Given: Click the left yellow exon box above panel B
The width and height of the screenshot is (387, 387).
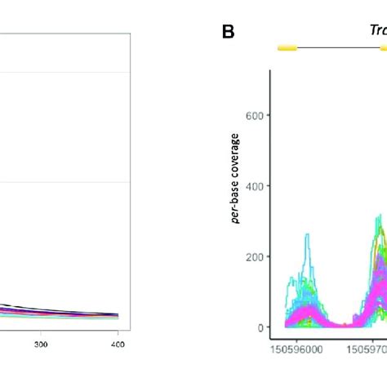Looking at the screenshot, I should coord(287,49).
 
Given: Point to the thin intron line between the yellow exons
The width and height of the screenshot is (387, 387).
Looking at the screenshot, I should coord(335,49).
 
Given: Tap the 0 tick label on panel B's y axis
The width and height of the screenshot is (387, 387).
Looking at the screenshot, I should coord(261,327).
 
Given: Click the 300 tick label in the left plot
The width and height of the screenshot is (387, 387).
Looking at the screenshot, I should coord(41,345).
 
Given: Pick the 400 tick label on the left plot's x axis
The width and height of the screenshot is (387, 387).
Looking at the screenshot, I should coord(118,345).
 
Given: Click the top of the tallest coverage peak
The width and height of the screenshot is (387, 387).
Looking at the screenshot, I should coord(379,216).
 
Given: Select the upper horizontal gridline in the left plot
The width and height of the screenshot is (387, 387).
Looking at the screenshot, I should coord(65,73).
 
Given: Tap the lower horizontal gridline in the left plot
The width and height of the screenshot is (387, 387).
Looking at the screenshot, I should coord(65,182).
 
